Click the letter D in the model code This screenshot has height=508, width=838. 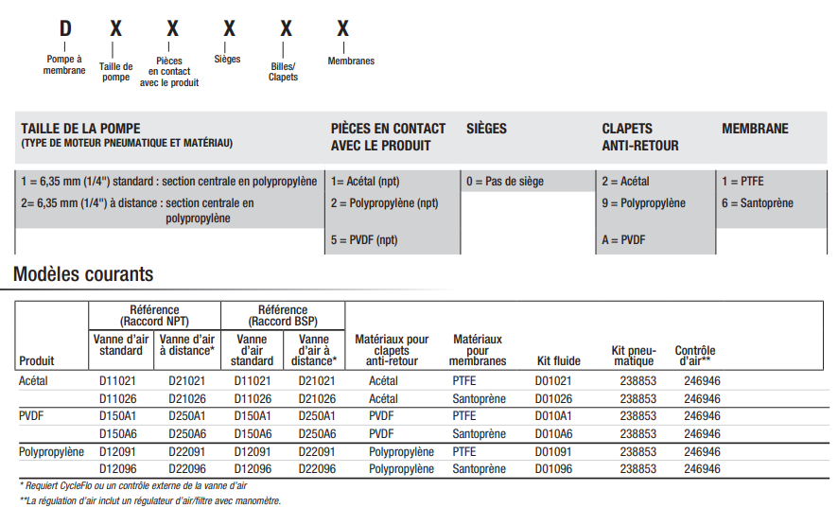64,29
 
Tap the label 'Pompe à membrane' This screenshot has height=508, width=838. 64,64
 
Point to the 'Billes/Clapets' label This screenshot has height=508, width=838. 283,72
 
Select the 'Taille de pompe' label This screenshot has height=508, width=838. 115,72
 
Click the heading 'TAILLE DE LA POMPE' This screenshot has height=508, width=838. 77,129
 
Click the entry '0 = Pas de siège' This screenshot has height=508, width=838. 505,182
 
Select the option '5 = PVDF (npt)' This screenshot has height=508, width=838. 364,240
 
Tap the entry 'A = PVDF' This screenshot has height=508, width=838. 625,240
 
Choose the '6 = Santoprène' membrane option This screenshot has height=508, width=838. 758,203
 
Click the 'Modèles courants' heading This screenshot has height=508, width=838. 83,275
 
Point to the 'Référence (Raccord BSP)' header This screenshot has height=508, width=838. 283,315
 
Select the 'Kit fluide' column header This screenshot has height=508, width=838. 559,360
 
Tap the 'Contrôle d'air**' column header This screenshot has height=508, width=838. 695,356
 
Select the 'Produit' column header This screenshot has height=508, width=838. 37,360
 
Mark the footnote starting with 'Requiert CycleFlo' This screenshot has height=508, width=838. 132,485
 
